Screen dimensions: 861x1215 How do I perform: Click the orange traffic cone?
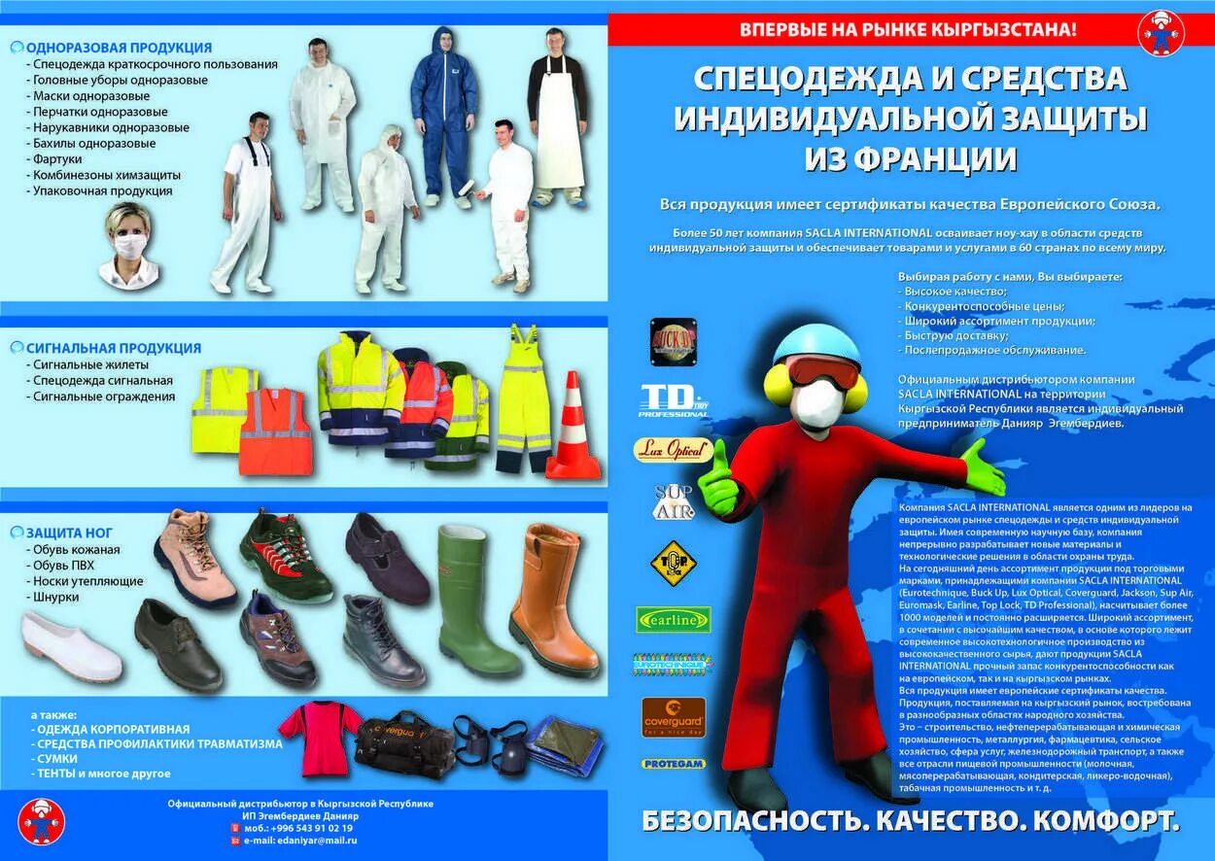573,430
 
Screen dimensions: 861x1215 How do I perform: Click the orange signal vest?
275,431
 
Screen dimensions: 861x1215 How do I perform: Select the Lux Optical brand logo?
674,450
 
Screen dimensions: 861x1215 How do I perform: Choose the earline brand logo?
673,619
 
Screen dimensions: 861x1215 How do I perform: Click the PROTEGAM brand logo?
674,764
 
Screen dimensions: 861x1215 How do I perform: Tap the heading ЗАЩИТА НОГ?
69,533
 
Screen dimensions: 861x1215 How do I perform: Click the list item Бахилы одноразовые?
94,143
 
